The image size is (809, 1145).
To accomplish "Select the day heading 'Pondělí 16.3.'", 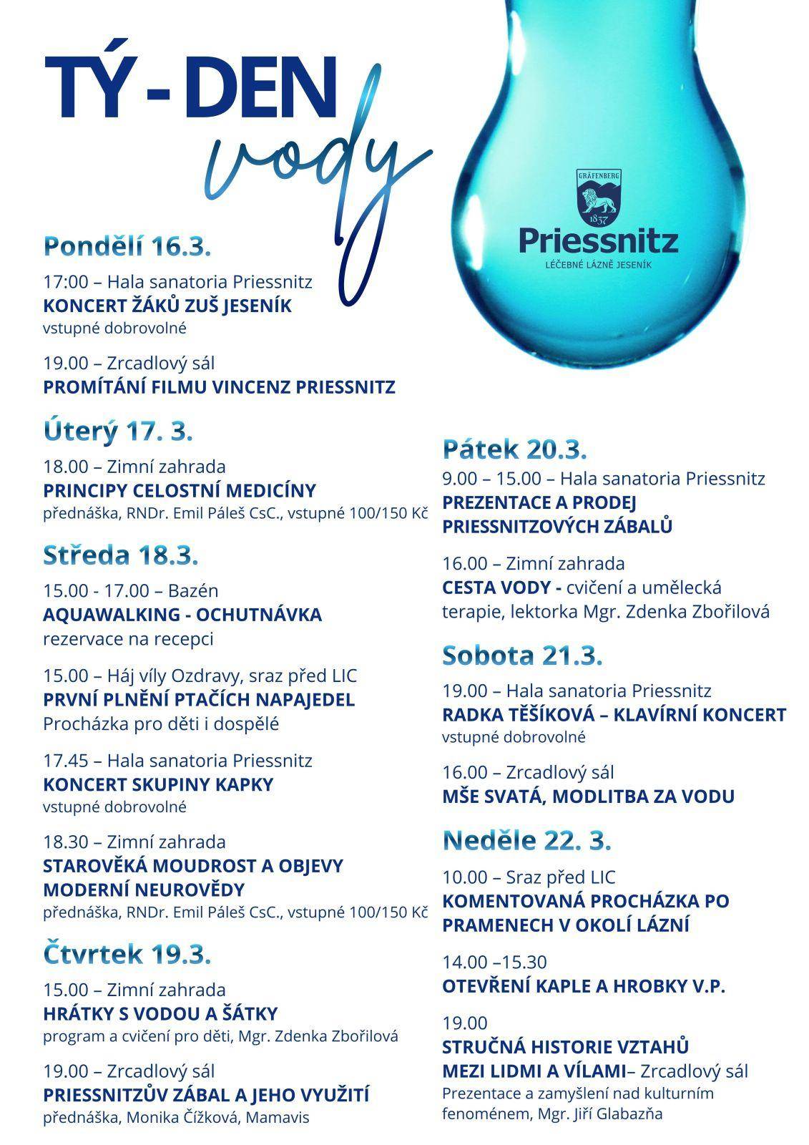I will click(127, 247).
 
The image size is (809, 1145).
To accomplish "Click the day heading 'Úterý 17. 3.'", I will click(118, 432).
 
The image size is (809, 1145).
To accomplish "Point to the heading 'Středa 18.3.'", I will click(121, 555).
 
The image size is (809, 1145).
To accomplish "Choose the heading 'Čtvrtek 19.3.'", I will click(127, 955).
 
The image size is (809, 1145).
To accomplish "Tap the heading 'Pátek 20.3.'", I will click(514, 449).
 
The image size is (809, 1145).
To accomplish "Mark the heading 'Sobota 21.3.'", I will click(522, 656).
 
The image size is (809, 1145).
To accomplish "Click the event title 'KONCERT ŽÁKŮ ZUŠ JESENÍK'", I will click(167, 306).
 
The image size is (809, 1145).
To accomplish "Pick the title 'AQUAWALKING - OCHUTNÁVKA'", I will click(182, 615).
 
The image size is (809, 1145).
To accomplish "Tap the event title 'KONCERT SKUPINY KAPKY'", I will click(158, 784).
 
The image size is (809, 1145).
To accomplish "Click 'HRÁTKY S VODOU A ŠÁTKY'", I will click(160, 1014).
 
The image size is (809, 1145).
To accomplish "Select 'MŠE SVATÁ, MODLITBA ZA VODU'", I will click(588, 796).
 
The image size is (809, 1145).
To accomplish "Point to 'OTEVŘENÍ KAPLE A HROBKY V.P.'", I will click(584, 987).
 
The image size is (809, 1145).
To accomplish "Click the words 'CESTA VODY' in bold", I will click(501, 588).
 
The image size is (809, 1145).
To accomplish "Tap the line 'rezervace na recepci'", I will click(128, 638).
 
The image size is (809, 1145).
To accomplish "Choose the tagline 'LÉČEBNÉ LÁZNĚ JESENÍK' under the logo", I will click(599, 265).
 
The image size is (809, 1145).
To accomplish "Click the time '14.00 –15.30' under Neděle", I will click(494, 962).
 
